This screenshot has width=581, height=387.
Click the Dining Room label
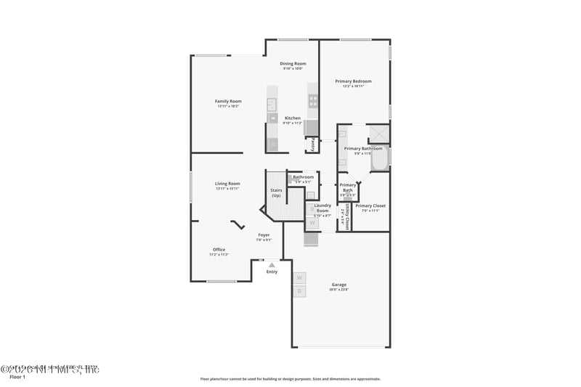[x=293, y=64]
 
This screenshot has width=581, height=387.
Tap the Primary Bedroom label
[x=353, y=81]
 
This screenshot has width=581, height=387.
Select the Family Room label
[x=228, y=101]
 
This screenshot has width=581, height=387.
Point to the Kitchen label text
[x=293, y=118]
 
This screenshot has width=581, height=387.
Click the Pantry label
[x=313, y=145]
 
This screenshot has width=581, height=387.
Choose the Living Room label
[x=227, y=184]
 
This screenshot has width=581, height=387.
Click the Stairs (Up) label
[x=276, y=193]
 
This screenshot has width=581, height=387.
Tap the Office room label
[x=219, y=250]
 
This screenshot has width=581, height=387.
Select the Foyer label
[x=264, y=235]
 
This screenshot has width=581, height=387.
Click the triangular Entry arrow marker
[x=272, y=265]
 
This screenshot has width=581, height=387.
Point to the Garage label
[x=338, y=284]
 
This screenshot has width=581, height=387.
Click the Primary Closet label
[x=370, y=205]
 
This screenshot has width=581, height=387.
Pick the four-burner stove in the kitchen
[x=313, y=101]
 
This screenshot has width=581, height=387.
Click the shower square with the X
[x=378, y=134]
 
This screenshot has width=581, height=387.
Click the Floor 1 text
[x=17, y=377]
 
